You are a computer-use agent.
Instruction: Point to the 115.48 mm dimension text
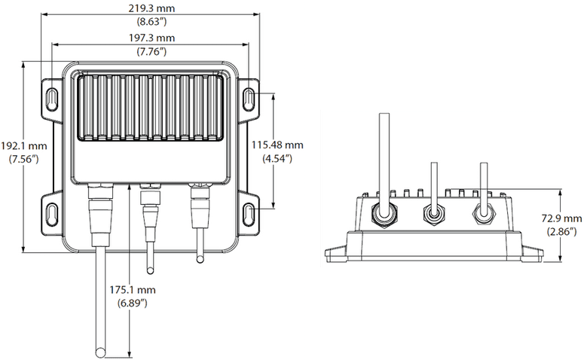point(277,145)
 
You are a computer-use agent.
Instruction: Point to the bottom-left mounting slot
point(50,211)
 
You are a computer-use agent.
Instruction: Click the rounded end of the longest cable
point(100,349)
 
